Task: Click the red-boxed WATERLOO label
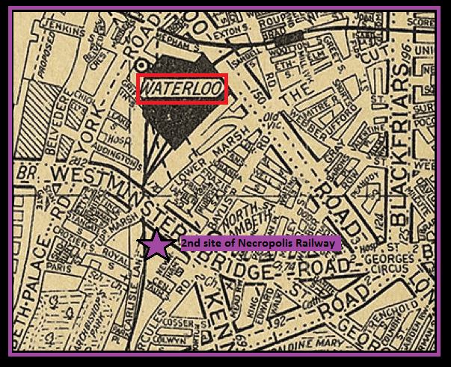[180, 89]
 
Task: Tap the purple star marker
[155, 244]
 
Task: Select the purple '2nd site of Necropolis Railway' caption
[260, 243]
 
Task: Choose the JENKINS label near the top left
[62, 25]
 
